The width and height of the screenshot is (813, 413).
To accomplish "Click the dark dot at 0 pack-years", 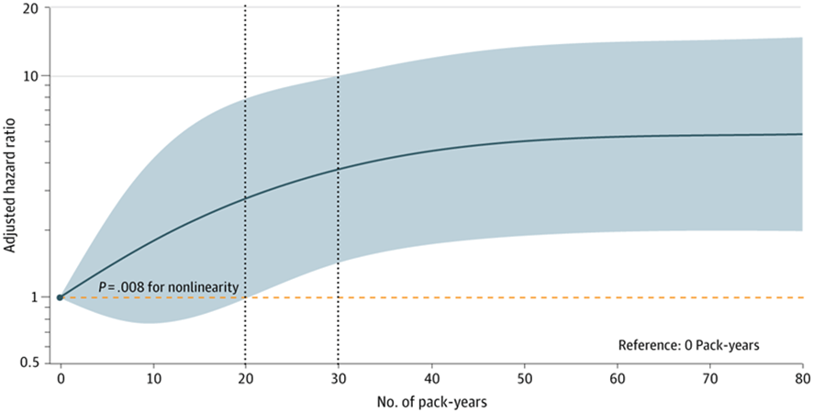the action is pyautogui.click(x=60, y=297).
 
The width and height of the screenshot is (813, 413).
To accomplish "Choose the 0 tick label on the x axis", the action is pyautogui.click(x=61, y=379).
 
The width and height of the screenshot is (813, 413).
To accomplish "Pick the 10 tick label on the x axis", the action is pyautogui.click(x=153, y=379).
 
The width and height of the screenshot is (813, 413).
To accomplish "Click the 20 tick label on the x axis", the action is pyautogui.click(x=245, y=379).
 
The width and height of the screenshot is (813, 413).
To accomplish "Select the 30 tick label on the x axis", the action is pyautogui.click(x=338, y=379).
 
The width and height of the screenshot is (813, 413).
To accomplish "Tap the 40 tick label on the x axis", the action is pyautogui.click(x=431, y=379).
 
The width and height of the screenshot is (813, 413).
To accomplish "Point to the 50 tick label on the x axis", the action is pyautogui.click(x=524, y=379).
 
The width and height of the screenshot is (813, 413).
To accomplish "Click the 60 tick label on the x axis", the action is pyautogui.click(x=617, y=379).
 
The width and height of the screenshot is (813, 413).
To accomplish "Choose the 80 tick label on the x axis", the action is pyautogui.click(x=802, y=379).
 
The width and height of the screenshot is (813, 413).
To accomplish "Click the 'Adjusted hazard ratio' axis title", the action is pyautogui.click(x=9, y=185).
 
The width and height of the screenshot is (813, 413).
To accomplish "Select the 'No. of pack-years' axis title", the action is pyautogui.click(x=431, y=402).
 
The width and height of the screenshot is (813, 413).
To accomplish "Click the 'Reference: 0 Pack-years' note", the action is pyautogui.click(x=688, y=345).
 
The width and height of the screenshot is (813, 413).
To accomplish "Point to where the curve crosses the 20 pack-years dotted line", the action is pyautogui.click(x=245, y=198).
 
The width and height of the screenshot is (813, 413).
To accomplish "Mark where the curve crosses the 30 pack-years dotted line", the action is pyautogui.click(x=338, y=169).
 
